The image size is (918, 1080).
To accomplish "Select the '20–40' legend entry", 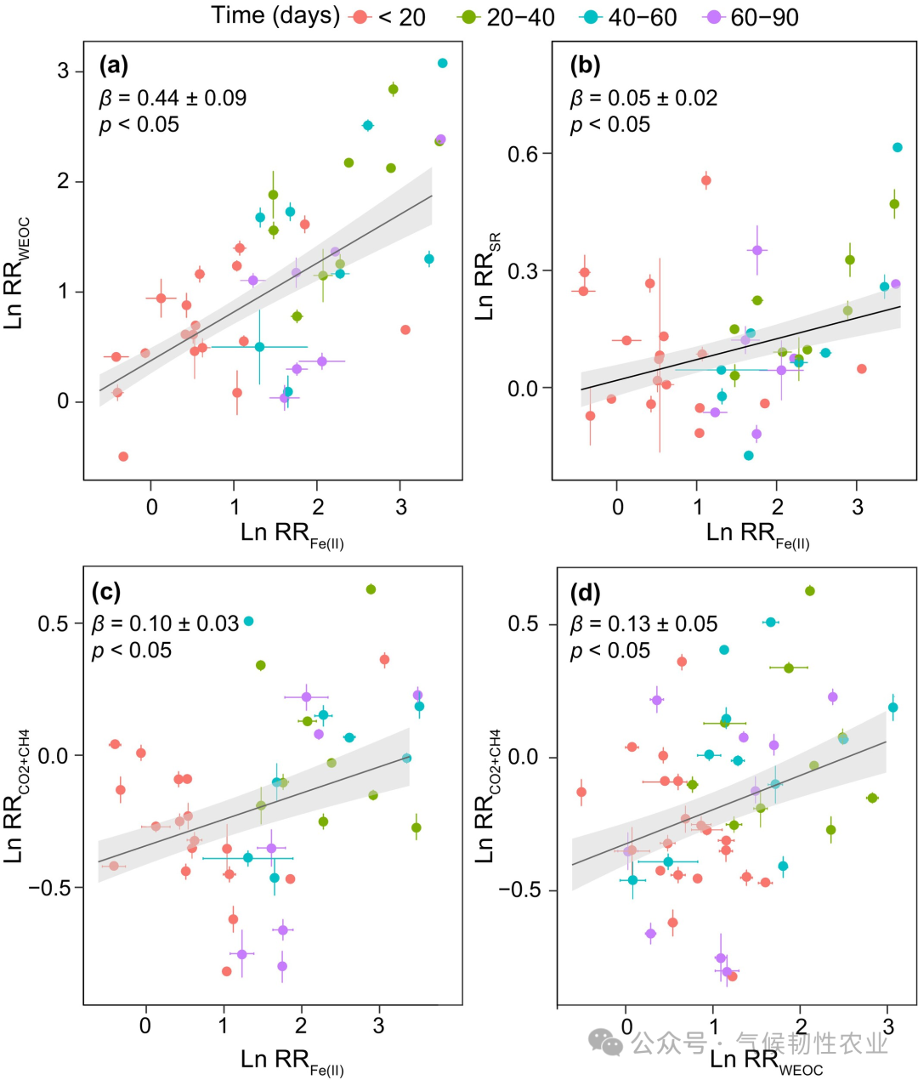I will (x=507, y=17).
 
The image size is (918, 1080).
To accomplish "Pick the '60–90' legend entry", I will (x=751, y=17).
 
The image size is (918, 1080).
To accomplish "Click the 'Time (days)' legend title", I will (x=275, y=16).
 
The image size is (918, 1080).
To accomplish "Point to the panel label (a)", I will (x=114, y=65).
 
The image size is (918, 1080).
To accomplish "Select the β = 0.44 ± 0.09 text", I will (x=173, y=98).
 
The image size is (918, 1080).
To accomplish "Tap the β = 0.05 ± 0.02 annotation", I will (x=643, y=98).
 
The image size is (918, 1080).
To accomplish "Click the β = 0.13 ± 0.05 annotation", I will (x=643, y=624).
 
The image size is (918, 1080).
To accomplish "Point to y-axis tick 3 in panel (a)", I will (x=64, y=71).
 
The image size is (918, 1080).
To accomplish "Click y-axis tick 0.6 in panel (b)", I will (x=524, y=154).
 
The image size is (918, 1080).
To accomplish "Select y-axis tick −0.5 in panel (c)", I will (x=48, y=888).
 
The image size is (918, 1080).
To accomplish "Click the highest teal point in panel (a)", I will (x=442, y=63).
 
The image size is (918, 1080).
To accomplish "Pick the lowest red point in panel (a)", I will (x=123, y=457).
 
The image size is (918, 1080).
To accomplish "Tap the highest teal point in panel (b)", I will (x=897, y=147).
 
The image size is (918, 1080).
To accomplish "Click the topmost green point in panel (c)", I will (x=371, y=589).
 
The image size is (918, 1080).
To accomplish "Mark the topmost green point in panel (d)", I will (x=810, y=591).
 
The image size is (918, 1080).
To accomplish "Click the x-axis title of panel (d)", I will (x=765, y=1060).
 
